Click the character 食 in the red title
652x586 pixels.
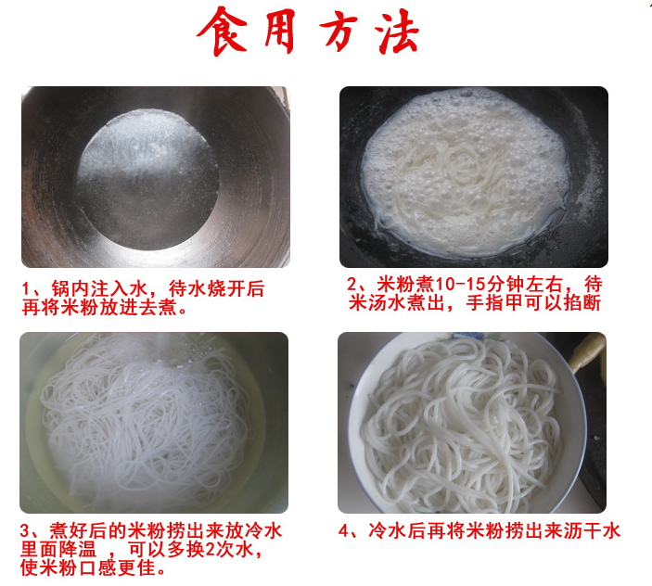222,31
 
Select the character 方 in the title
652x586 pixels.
339,32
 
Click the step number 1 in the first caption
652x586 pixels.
26,289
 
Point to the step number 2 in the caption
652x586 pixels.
352,285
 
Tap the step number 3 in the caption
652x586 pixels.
24,531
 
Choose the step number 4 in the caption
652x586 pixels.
343,531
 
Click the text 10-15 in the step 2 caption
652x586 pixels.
459,285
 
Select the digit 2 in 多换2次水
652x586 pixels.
210,550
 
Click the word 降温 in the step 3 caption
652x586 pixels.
78,550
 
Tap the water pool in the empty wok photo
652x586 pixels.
147,180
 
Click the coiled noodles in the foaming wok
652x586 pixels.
462,166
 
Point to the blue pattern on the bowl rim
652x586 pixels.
469,336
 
